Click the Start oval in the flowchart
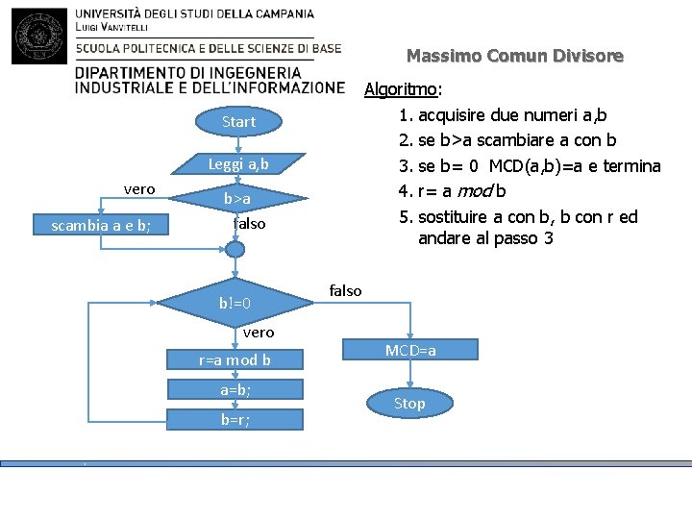[238, 122]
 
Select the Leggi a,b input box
[238, 164]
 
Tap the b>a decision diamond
[237, 198]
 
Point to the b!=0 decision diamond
[235, 304]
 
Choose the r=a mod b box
[235, 360]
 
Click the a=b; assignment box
[235, 389]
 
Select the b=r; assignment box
[235, 419]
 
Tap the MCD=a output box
[410, 351]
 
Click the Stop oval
[409, 404]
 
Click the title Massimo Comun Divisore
[514, 57]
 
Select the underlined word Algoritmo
[401, 89]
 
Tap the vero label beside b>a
[139, 188]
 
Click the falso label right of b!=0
[345, 290]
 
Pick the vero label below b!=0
[258, 333]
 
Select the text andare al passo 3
[485, 237]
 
